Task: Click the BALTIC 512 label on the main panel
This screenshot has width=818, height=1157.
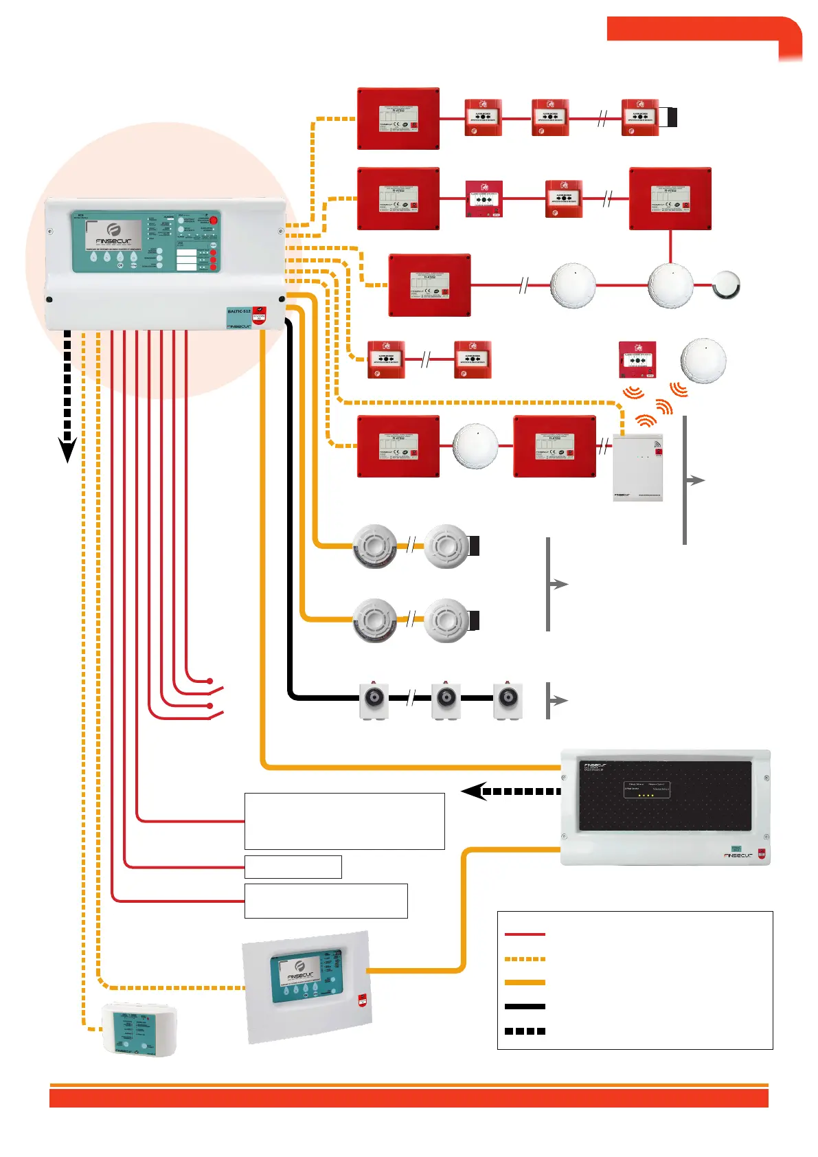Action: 239,311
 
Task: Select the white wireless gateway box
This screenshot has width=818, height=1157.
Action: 637,467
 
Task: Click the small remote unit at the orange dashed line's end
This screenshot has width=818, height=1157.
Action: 139,1029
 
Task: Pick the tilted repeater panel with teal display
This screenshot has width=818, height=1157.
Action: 307,987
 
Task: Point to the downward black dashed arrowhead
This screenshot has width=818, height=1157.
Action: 67,450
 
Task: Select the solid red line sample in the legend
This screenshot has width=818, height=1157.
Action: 525,934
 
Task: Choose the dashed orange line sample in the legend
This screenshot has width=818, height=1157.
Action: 525,958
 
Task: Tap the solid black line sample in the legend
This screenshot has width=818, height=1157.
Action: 525,1007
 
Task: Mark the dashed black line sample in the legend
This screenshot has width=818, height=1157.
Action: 525,1031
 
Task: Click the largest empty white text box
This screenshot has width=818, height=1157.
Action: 344,821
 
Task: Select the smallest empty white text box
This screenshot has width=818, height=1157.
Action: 293,867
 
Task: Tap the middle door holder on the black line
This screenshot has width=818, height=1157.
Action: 446,699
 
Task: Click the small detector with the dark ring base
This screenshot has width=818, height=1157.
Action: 726,285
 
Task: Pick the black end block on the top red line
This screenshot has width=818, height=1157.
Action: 672,117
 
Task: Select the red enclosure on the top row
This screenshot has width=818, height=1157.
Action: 398,118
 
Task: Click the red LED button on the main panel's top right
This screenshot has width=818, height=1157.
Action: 213,221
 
